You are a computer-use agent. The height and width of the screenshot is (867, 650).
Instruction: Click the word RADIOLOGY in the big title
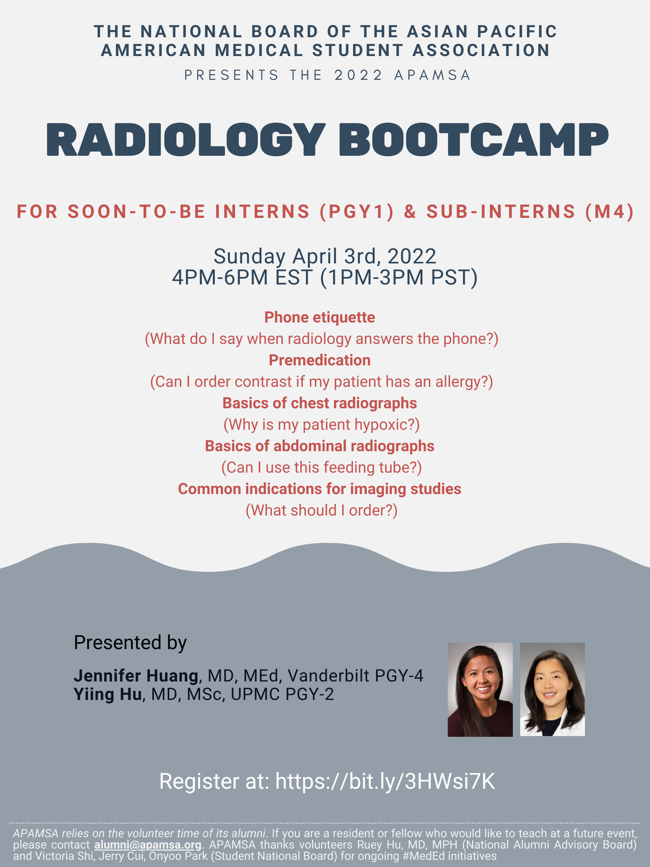[186, 140]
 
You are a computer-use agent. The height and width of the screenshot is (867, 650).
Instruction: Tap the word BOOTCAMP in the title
[473, 140]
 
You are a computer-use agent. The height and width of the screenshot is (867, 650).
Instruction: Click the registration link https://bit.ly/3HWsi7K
[385, 781]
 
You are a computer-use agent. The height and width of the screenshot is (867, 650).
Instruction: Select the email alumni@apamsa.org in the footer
[148, 845]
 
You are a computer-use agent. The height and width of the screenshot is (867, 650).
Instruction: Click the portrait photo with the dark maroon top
[480, 689]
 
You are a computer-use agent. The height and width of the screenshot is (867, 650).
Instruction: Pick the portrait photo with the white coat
[553, 689]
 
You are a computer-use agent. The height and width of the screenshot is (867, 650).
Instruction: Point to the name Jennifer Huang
[136, 676]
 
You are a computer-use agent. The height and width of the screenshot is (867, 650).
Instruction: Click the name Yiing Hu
[108, 694]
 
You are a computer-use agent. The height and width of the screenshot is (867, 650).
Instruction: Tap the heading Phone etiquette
[320, 318]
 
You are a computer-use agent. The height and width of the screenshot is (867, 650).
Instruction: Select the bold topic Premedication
[320, 360]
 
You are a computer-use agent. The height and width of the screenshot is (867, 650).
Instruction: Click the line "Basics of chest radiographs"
[320, 403]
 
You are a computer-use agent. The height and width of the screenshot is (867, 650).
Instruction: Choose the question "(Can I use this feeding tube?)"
[322, 468]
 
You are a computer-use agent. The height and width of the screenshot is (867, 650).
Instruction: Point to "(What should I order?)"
[322, 510]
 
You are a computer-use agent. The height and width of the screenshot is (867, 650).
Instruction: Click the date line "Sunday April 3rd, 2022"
[325, 256]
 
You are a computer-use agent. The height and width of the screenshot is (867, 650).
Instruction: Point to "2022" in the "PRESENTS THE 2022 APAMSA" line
[358, 75]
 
